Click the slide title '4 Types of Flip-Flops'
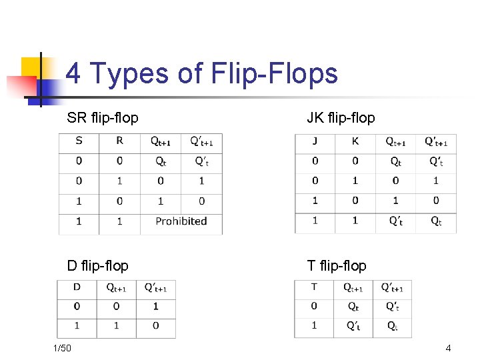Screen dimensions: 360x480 [202, 73]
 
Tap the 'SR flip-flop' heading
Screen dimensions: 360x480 [103, 118]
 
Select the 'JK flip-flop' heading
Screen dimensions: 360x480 [341, 118]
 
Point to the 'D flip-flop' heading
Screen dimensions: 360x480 [97, 265]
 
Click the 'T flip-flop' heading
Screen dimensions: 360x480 [337, 265]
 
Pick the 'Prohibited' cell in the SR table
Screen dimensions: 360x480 [181, 221]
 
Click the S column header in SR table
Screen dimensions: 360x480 [79, 141]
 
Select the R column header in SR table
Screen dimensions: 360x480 [119, 141]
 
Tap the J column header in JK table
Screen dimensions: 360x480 [315, 141]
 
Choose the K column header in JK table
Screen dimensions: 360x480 [355, 141]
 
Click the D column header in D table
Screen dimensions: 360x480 [77, 287]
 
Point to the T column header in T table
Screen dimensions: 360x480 [314, 287]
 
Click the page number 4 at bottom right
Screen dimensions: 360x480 [449, 348]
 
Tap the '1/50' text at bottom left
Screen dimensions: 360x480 [63, 348]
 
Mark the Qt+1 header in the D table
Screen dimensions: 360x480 [116, 288]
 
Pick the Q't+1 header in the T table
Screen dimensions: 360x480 [392, 288]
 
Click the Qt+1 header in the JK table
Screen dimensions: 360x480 [395, 142]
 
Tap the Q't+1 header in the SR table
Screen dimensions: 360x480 [201, 141]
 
